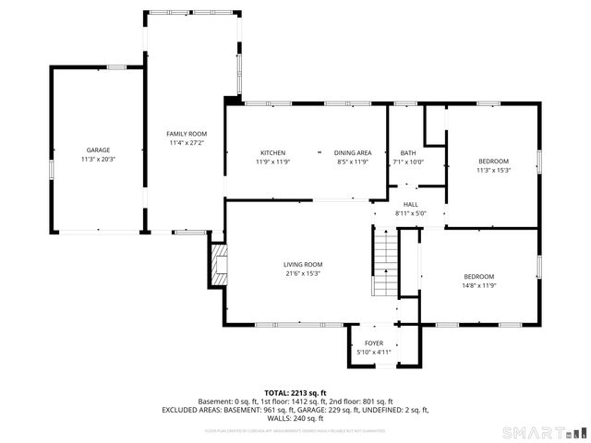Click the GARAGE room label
(x=99, y=150)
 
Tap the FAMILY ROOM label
(x=187, y=134)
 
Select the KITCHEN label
(x=272, y=152)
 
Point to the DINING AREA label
(x=353, y=152)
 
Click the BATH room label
(x=408, y=152)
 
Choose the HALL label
(x=410, y=204)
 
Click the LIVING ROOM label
(x=303, y=264)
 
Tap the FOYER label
(x=374, y=342)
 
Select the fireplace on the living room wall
(x=218, y=264)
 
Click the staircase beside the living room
(x=385, y=262)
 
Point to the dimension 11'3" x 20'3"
(x=99, y=159)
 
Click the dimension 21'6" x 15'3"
(x=303, y=273)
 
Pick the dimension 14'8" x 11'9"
(x=478, y=286)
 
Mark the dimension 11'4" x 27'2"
(x=187, y=143)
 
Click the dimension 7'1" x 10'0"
(x=408, y=162)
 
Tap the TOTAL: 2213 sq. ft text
(x=295, y=392)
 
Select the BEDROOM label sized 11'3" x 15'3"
(x=492, y=161)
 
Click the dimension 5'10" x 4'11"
(x=374, y=352)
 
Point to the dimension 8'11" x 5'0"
(x=410, y=213)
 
